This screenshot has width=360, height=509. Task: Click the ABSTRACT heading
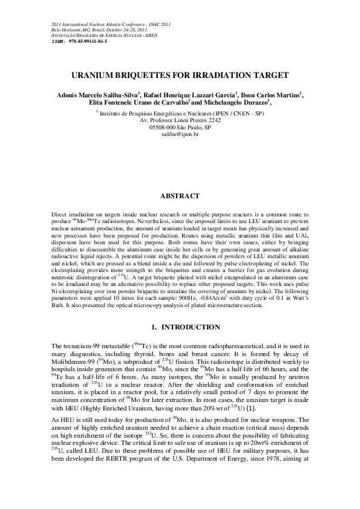click(180, 196)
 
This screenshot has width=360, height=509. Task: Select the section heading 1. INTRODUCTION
click(180, 327)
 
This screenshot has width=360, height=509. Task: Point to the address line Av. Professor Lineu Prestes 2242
click(180, 120)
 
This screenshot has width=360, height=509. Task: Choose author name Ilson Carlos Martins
click(278, 95)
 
